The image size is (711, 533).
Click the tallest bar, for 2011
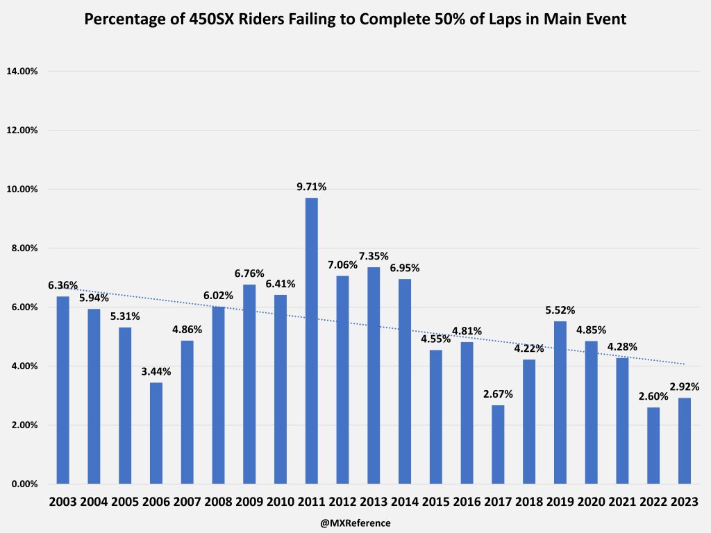(312, 341)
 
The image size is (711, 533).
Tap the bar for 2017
(498, 444)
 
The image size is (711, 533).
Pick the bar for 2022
(653, 445)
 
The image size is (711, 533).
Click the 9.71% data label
(312, 187)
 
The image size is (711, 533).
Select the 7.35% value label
(374, 256)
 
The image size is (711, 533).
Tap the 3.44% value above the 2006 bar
(156, 371)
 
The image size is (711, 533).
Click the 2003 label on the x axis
(63, 502)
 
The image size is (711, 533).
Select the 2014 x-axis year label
(405, 502)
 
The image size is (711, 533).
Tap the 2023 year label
(685, 502)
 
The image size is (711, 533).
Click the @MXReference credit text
(355, 523)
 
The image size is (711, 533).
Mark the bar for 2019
(560, 403)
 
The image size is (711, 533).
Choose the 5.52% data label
(560, 310)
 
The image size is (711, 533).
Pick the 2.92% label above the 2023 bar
(685, 387)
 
